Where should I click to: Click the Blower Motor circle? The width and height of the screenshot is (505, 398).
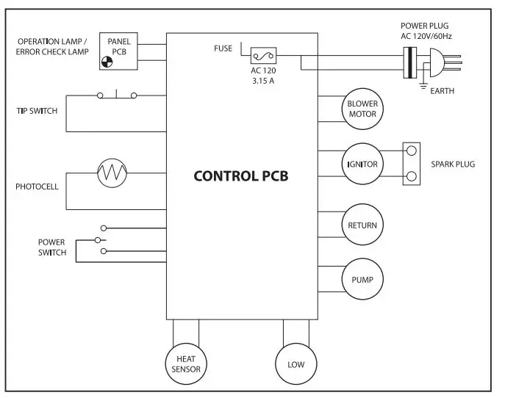point(362,109)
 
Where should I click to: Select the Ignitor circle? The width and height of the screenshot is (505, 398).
point(362,164)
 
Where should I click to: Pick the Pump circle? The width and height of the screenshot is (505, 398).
point(362,279)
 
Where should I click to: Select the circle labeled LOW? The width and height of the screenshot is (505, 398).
point(296,363)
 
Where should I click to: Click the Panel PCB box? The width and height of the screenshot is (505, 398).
point(118,51)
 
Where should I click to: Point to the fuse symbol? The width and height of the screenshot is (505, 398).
point(263,54)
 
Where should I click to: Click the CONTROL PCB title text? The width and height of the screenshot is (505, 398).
point(241,176)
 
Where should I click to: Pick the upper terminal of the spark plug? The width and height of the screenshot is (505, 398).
point(412,150)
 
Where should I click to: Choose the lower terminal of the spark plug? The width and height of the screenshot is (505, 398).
point(412,176)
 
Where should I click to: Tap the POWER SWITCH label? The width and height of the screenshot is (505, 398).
point(52,247)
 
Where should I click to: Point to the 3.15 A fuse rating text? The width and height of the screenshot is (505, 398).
point(262,80)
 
